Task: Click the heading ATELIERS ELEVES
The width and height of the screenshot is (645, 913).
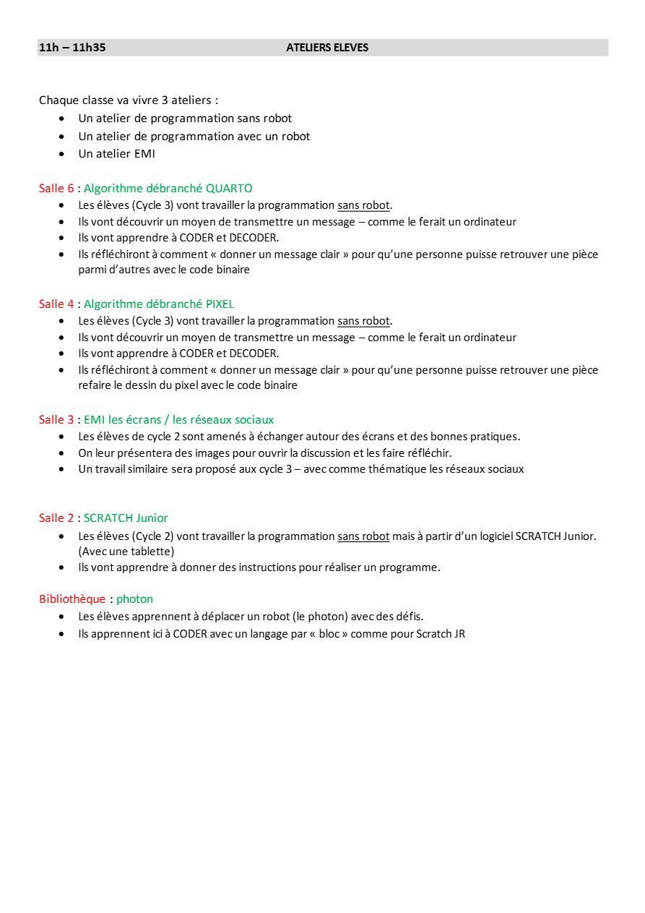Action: click(x=327, y=48)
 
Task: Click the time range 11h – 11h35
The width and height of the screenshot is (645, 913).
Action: click(x=72, y=48)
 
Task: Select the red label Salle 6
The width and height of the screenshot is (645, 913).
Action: click(x=56, y=189)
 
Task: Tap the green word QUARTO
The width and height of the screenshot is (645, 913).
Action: click(x=229, y=189)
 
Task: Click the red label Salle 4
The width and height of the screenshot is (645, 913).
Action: click(x=56, y=304)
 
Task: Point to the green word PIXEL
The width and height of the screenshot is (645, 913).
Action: click(x=220, y=304)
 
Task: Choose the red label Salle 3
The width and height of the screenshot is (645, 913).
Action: click(x=56, y=420)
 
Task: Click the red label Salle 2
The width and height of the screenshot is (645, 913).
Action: click(x=56, y=518)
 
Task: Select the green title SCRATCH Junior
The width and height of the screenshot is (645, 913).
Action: click(x=126, y=518)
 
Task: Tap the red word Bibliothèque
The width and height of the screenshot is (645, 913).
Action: click(x=72, y=599)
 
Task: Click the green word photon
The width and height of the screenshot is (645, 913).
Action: click(x=134, y=599)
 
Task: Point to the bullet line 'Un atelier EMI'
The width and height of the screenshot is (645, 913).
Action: click(x=116, y=154)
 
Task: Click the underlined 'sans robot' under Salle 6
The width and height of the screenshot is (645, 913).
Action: click(x=363, y=205)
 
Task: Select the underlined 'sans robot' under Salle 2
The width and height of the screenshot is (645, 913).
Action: click(x=363, y=536)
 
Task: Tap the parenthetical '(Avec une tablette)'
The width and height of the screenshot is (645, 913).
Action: click(x=126, y=552)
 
